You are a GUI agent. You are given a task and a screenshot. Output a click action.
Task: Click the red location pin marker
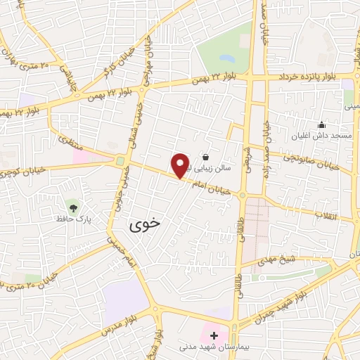(x=181, y=165)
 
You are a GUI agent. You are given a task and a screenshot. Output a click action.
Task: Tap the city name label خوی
(x=144, y=224)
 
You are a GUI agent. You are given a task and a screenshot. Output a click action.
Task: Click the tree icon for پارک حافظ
(x=72, y=206)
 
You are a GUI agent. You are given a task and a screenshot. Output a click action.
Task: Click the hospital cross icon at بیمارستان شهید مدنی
(x=214, y=335)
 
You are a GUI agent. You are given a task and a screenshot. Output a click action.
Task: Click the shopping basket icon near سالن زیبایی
(x=205, y=157)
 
